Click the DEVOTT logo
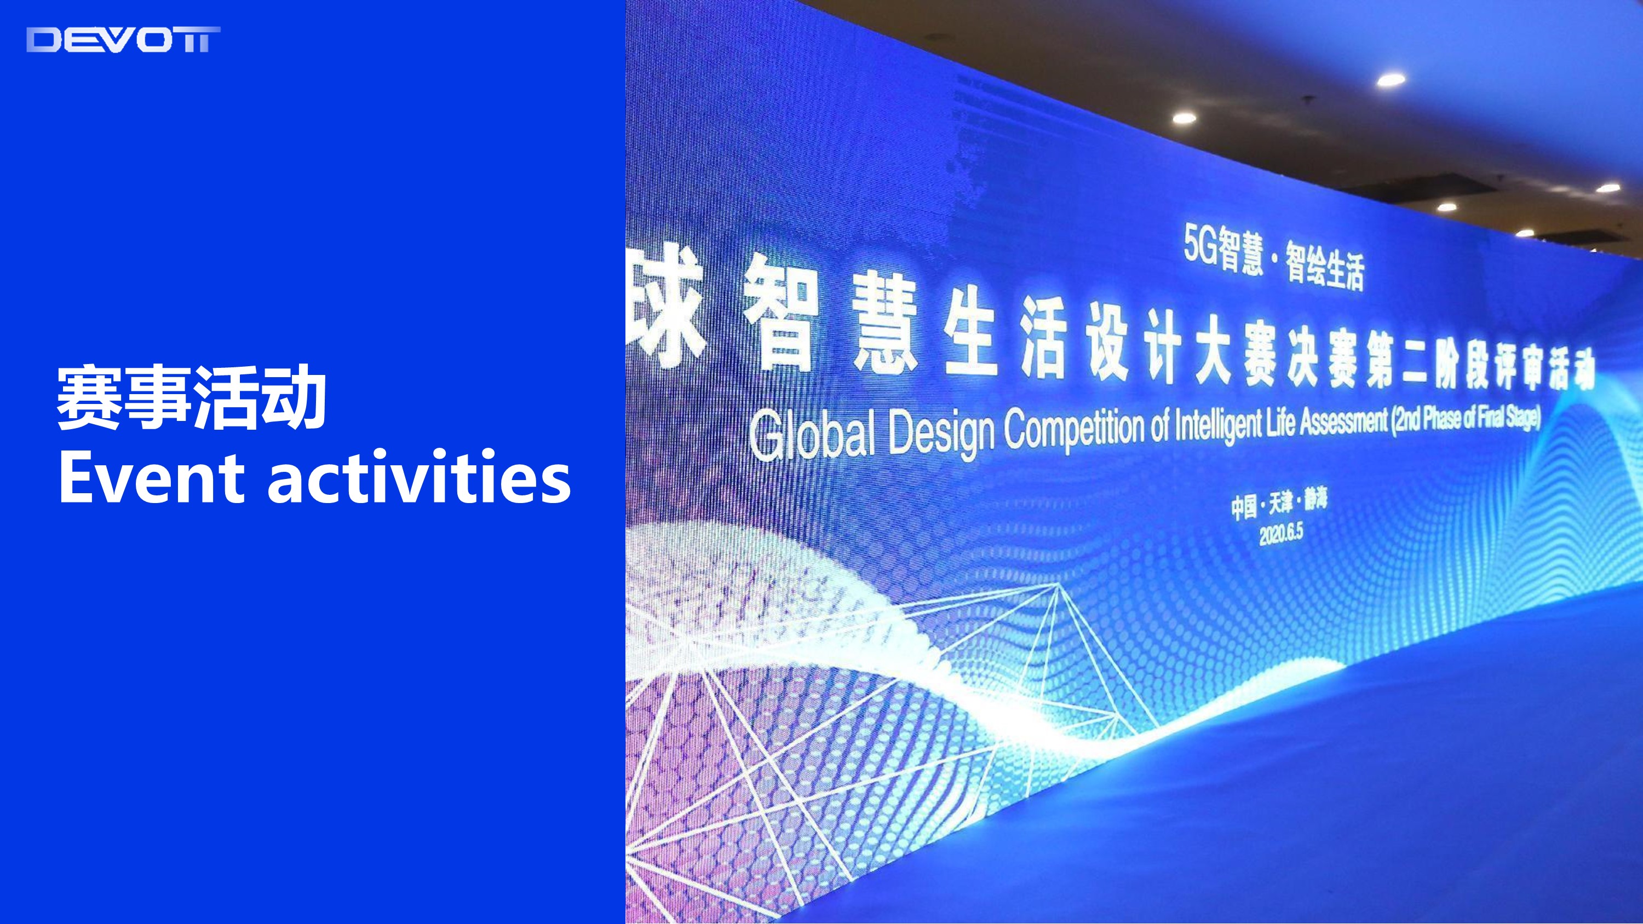point(123,39)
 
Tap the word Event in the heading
point(151,477)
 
